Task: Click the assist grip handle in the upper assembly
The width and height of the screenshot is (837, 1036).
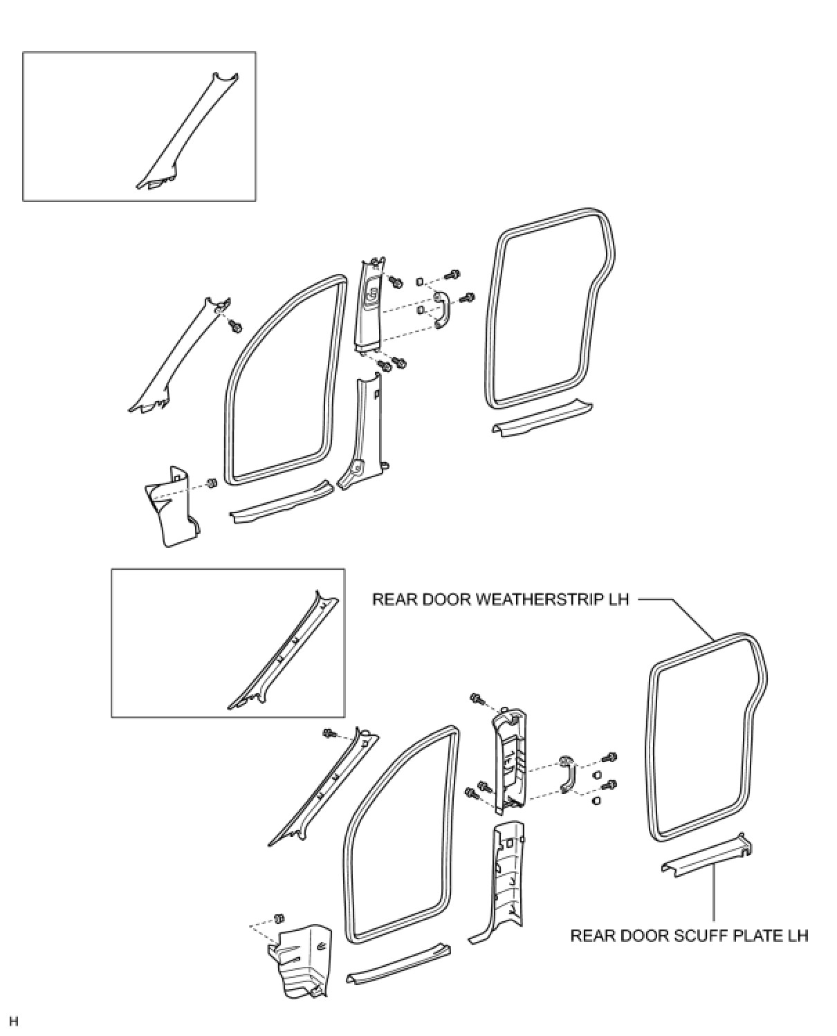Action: click(440, 311)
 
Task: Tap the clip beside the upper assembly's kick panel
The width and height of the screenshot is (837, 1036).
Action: click(213, 483)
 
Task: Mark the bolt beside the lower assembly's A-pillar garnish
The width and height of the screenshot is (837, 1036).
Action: click(329, 734)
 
